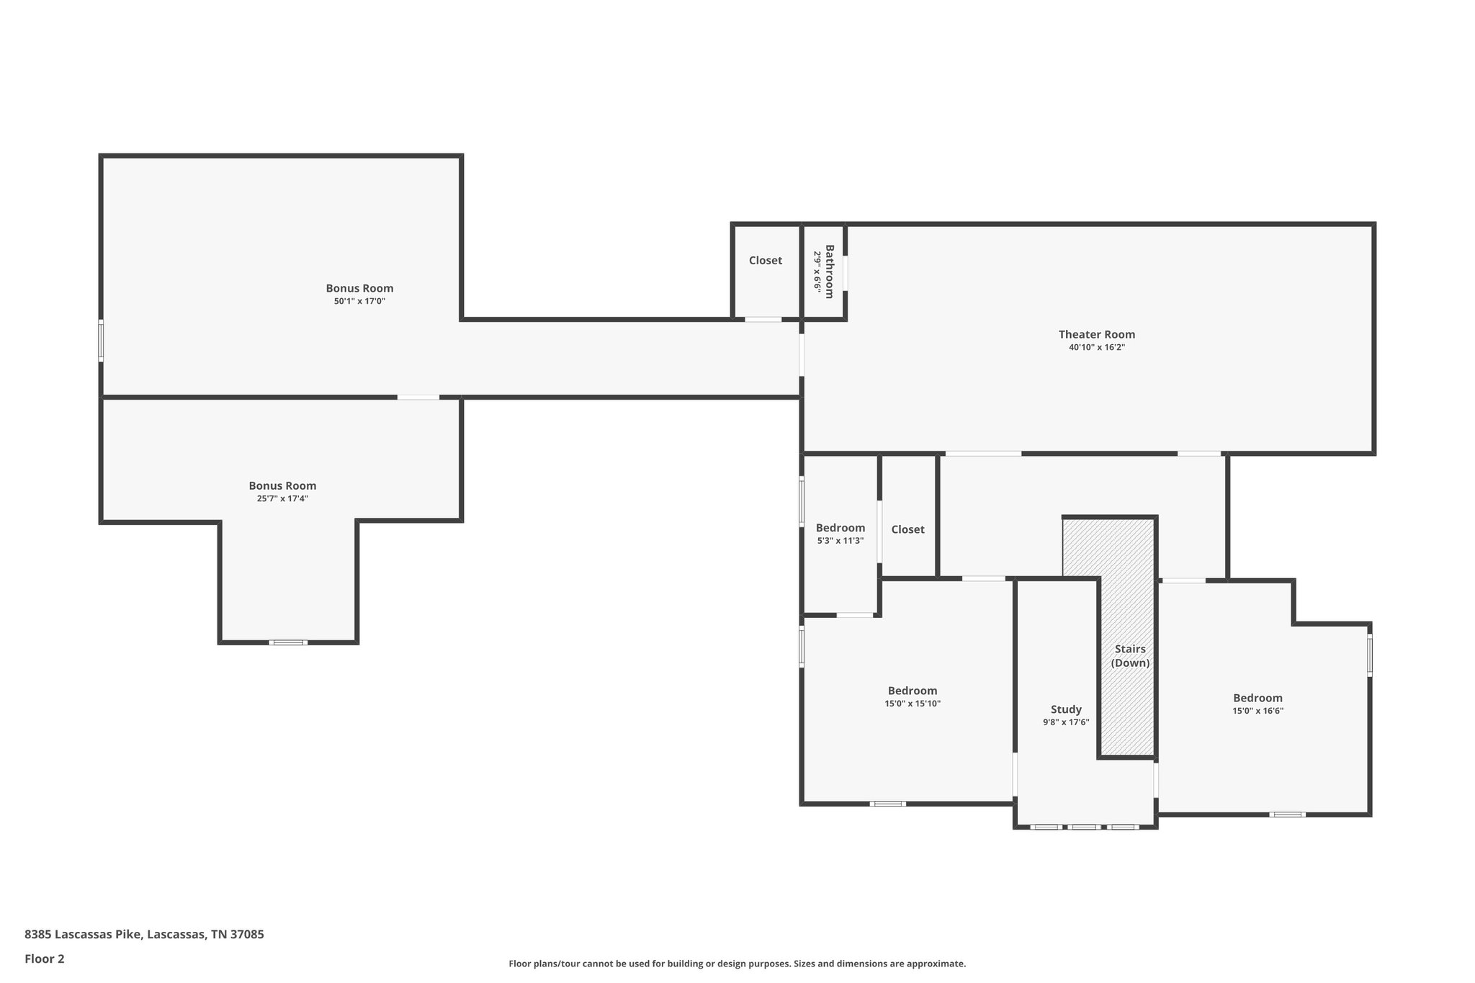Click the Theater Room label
tap(1096, 334)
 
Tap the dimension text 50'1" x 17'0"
tap(359, 302)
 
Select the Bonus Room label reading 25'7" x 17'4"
tap(282, 486)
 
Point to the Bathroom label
tap(829, 271)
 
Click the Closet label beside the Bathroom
tap(765, 261)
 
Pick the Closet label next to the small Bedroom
tap(907, 529)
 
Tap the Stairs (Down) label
tap(1129, 656)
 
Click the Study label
tap(1066, 709)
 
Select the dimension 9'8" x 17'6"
tap(1066, 722)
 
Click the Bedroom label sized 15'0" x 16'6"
tap(1257, 698)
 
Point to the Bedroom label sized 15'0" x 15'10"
tap(913, 691)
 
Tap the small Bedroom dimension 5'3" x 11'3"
tap(840, 541)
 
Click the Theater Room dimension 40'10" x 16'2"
tap(1096, 347)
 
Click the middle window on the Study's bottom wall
tap(1084, 827)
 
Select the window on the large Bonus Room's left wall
tap(101, 341)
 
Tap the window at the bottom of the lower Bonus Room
tap(288, 642)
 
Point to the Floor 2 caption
tap(45, 959)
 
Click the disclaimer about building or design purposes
tap(737, 964)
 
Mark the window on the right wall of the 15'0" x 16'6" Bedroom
tap(1370, 654)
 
